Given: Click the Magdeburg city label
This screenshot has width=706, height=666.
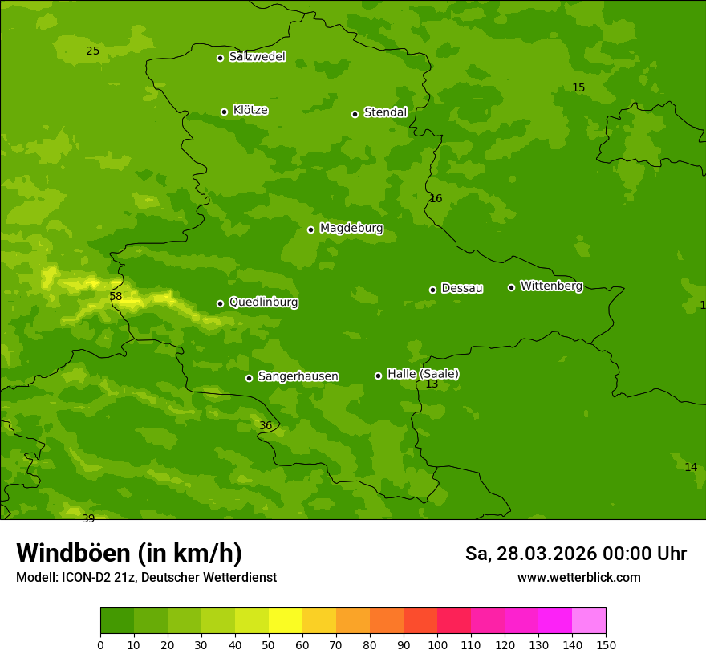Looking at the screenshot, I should [351, 229].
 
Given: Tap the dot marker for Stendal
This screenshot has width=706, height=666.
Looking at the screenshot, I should [355, 114].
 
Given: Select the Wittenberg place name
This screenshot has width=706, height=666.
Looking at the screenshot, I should [551, 286].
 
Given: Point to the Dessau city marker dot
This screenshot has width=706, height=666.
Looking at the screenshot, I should [432, 290].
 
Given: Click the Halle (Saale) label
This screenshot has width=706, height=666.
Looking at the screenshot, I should [423, 374].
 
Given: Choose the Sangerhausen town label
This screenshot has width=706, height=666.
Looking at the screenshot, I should [298, 376].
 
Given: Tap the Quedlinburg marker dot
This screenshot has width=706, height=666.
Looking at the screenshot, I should [220, 303].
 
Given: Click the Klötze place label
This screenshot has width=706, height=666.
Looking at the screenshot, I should [250, 110].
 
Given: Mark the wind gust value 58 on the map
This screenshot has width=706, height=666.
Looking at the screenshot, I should [116, 296].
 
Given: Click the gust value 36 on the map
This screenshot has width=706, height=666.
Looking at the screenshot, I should [266, 425].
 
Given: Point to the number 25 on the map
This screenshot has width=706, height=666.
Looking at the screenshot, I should [93, 51].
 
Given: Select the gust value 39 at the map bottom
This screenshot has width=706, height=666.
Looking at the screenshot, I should [88, 518].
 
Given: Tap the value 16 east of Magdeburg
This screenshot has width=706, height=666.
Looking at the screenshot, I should [436, 198].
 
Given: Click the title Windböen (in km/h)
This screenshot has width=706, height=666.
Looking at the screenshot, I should [129, 553].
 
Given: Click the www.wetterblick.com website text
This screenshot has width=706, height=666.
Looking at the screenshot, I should [578, 578].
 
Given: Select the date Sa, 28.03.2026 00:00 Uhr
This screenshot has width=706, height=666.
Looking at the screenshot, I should [575, 554].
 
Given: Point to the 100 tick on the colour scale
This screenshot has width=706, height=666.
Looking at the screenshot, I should [437, 644].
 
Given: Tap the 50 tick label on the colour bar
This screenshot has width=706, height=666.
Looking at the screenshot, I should [269, 644].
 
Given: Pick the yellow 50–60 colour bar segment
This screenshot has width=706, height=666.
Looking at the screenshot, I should [286, 621].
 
